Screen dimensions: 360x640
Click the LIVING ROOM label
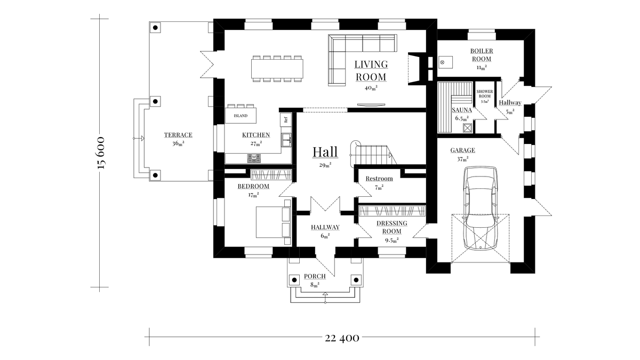pyautogui.click(x=371, y=70)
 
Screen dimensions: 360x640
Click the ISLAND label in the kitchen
pyautogui.click(x=241, y=115)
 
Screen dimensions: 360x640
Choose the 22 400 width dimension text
pyautogui.click(x=341, y=337)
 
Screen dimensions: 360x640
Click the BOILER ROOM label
pyautogui.click(x=481, y=55)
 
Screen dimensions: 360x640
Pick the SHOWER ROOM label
pyautogui.click(x=485, y=94)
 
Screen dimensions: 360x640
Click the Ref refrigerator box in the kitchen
pyautogui.click(x=285, y=119)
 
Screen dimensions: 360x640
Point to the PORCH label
pyautogui.click(x=315, y=276)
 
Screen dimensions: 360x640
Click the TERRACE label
pyautogui.click(x=178, y=135)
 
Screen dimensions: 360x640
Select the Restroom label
pyautogui.click(x=379, y=179)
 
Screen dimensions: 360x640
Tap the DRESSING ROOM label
pyautogui.click(x=392, y=227)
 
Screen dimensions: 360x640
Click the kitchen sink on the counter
pyautogui.click(x=286, y=140)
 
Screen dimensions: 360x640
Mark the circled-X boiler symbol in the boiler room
pyautogui.click(x=442, y=62)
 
